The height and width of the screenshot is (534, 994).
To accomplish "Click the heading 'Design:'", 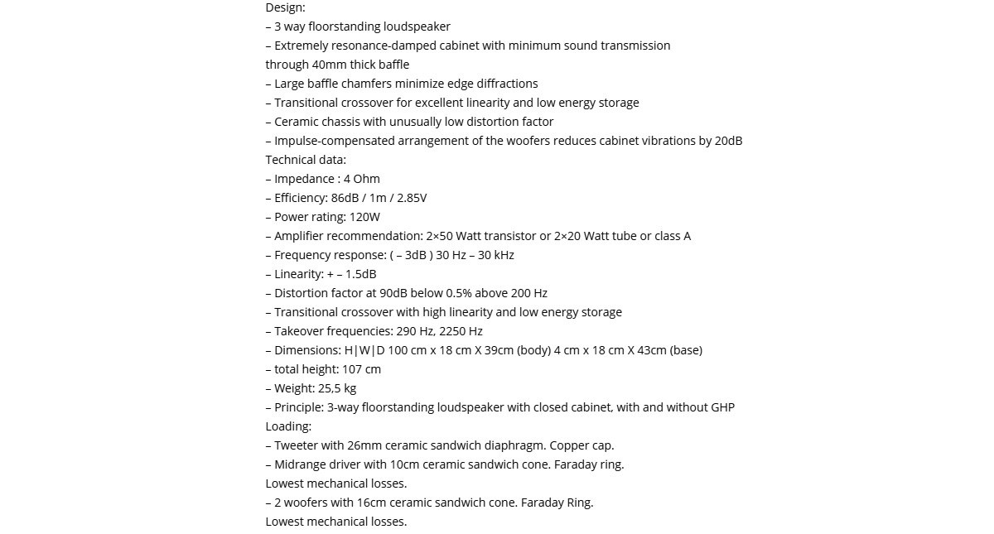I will click(x=285, y=7).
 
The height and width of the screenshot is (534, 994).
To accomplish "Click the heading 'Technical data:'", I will click(x=306, y=160).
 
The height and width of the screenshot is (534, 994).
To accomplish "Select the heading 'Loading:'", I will click(x=288, y=426).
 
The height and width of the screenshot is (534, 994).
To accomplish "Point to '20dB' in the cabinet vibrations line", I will click(x=728, y=141).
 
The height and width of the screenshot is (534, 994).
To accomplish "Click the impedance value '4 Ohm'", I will click(x=362, y=179).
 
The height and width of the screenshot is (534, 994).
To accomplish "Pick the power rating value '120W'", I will click(x=364, y=217).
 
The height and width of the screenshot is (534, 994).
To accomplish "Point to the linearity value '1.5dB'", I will click(x=360, y=274).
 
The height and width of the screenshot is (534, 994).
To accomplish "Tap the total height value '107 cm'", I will click(x=361, y=369).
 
